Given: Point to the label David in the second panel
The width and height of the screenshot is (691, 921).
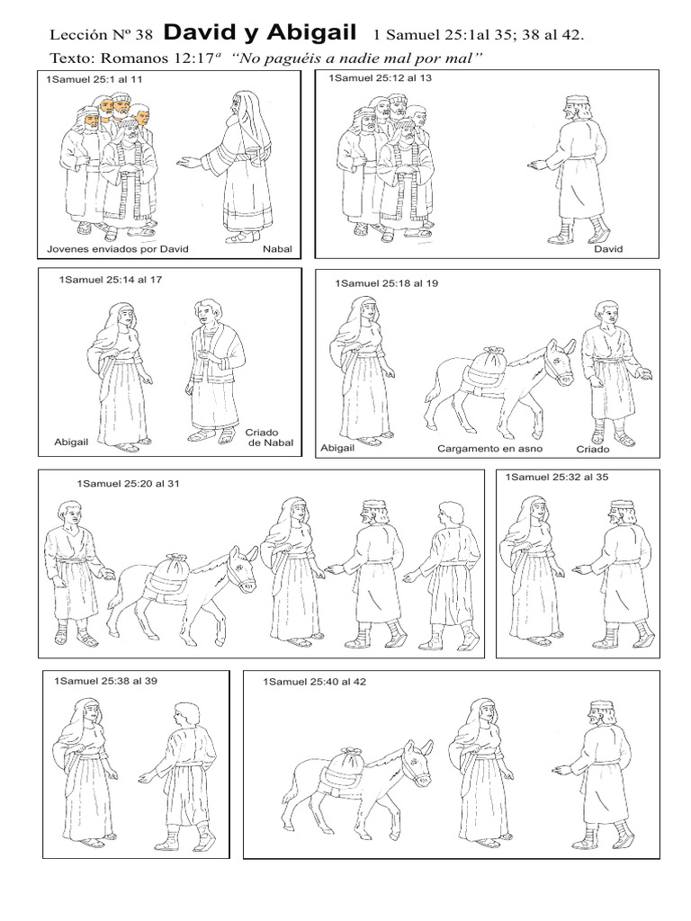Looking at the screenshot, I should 608,248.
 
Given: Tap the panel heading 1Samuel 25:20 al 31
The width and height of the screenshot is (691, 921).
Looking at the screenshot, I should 129,483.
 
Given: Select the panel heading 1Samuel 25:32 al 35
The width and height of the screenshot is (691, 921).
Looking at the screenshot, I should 557,477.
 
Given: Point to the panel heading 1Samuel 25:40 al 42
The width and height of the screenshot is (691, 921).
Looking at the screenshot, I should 315,682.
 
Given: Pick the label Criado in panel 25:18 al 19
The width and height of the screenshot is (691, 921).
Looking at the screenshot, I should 593,447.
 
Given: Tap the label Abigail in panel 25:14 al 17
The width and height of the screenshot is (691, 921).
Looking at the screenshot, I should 73,443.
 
